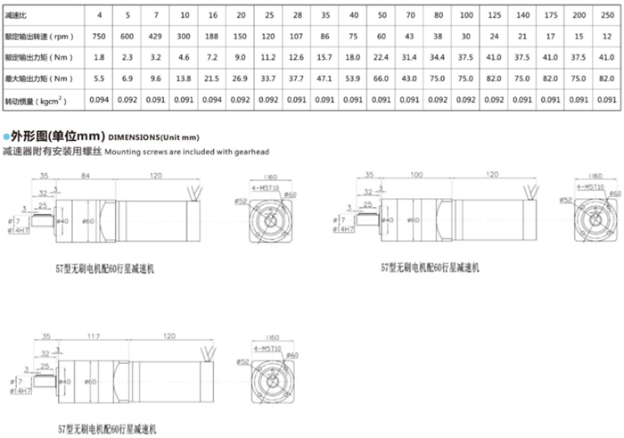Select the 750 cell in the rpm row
[x=99, y=36]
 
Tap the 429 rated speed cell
[x=156, y=36]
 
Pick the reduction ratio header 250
[x=606, y=15]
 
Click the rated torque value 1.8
[x=99, y=56]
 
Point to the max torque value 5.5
[x=99, y=78]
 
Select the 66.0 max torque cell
[x=382, y=78]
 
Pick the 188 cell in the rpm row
[x=213, y=36]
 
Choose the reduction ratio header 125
[x=493, y=15]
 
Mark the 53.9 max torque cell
[x=354, y=78]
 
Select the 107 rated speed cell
[x=298, y=36]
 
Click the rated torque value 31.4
[x=410, y=56]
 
